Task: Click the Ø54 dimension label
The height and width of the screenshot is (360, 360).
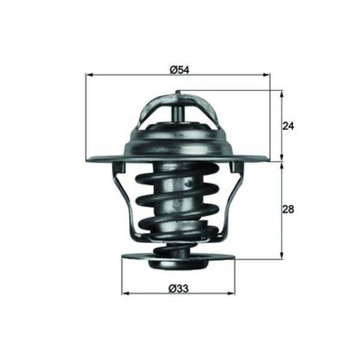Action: click(180, 70)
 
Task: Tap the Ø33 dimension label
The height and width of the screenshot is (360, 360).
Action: click(178, 288)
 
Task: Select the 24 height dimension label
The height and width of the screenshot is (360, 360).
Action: click(288, 126)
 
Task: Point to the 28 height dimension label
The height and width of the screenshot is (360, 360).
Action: click(288, 209)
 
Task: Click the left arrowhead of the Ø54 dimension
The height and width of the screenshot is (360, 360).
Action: click(89, 75)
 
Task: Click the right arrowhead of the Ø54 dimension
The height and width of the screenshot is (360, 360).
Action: click(266, 75)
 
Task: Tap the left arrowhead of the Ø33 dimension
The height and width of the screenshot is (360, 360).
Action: click(125, 293)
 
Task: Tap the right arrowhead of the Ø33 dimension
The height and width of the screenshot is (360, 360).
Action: click(231, 293)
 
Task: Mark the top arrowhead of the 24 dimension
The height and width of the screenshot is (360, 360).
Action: click(282, 94)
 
